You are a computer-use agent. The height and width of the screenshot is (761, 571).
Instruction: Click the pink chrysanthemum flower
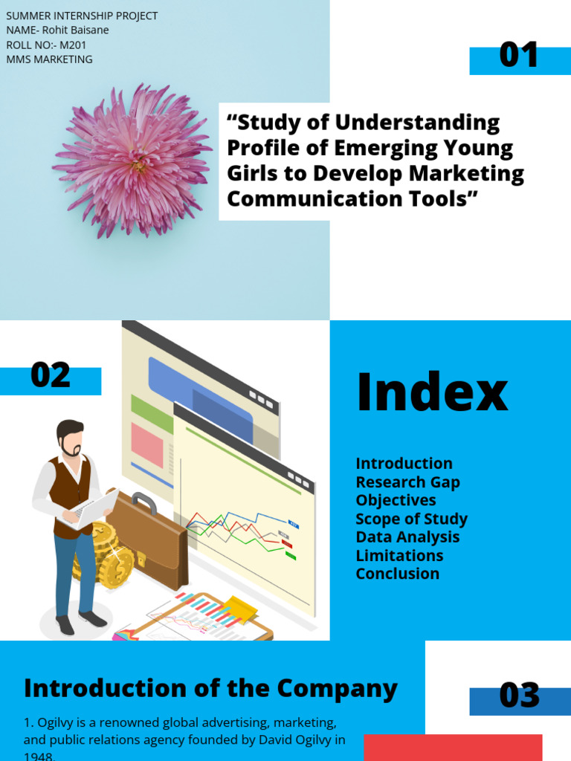132,161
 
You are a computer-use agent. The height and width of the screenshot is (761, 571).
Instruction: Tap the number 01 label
519,56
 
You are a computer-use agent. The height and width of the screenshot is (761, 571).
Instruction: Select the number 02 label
51,376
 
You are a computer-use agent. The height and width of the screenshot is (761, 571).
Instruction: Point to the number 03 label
519,696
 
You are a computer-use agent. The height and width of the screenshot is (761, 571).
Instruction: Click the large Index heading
432,392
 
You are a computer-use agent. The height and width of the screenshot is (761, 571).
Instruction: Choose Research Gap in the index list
407,482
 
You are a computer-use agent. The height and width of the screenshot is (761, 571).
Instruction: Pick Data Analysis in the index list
407,537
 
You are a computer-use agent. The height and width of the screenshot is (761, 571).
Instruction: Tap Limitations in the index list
399,556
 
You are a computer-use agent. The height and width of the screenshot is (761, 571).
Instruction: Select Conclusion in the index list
397,574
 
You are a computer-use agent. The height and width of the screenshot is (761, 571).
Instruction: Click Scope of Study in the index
411,519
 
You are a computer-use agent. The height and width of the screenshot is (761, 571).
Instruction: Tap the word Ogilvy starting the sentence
55,722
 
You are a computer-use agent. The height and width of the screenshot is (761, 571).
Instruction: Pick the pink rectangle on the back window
146,445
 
